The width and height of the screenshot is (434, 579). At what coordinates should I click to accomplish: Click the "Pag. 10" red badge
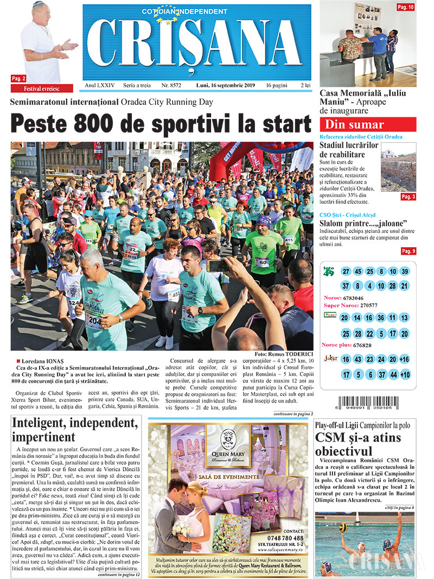[405, 7]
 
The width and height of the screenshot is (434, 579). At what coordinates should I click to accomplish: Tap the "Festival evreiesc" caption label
[41, 88]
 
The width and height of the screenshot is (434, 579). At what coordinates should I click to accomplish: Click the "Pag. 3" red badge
[408, 197]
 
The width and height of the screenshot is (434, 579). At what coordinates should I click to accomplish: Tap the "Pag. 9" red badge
[408, 251]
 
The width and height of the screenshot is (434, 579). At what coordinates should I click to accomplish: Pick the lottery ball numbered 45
[358, 272]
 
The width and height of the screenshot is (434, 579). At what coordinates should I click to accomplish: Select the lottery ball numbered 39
[405, 272]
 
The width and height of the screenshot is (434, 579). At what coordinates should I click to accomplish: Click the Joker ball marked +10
[405, 375]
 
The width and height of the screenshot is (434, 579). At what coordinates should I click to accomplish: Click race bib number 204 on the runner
[94, 321]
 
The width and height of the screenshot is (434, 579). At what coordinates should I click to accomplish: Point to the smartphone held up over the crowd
[218, 266]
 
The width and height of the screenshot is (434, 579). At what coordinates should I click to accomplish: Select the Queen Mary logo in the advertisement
[228, 444]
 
